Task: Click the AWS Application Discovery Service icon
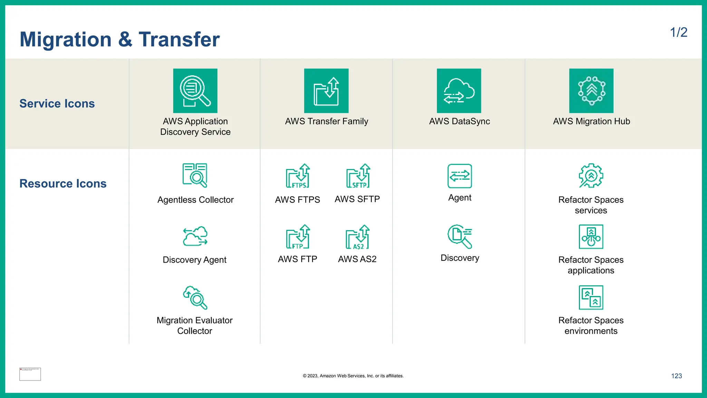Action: click(195, 91)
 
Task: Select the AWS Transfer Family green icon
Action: click(326, 91)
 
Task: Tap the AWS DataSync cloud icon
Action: click(459, 91)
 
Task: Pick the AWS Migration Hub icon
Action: click(591, 91)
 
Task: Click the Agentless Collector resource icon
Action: click(195, 176)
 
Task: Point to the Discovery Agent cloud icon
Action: click(195, 236)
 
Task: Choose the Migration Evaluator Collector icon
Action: click(195, 297)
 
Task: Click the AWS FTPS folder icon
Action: click(298, 176)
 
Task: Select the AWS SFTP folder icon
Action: click(358, 176)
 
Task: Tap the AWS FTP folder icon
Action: click(298, 237)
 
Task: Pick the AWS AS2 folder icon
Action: click(358, 237)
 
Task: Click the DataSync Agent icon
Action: click(459, 176)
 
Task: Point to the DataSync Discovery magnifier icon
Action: click(459, 237)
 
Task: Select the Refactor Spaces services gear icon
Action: click(591, 176)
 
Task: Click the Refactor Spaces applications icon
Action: click(591, 237)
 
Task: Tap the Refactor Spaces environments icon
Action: click(591, 297)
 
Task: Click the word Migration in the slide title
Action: click(66, 39)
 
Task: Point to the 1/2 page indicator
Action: click(678, 32)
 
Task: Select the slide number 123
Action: click(676, 376)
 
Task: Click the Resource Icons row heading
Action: click(63, 183)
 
